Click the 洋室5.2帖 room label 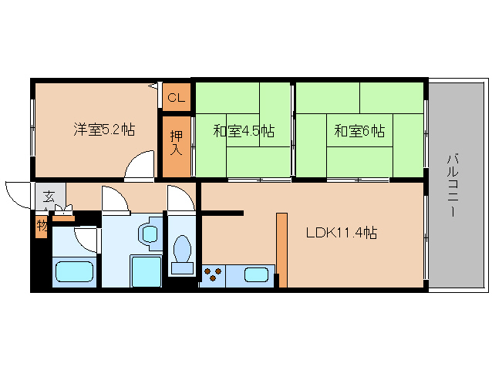pos(104,129)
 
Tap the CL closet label pos(176,98)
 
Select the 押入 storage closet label pos(176,143)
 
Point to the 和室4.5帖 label pos(244,131)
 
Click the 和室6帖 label pos(359,131)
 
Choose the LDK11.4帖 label pos(342,233)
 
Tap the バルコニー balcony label pos(452,185)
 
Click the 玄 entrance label pos(49,197)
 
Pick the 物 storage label pos(42,225)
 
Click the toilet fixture pos(182,254)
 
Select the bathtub pos(74,271)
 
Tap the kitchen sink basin pos(256,274)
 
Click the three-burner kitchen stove pos(212,274)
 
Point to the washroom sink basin pos(150,234)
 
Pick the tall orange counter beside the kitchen pos(281,251)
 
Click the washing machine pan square pos(146,271)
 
